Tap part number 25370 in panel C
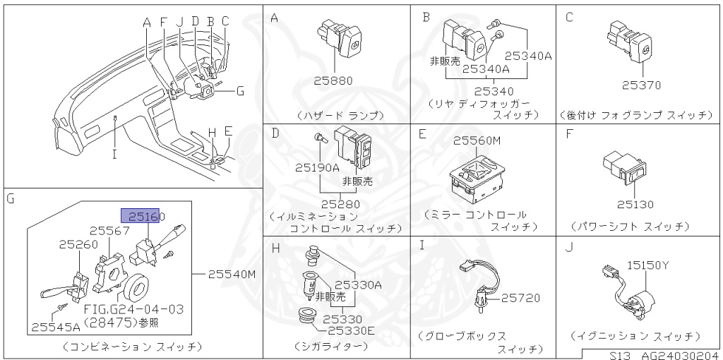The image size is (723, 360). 641,85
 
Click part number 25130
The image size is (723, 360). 634,205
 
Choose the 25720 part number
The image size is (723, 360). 520,299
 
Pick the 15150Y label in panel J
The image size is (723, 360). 644,265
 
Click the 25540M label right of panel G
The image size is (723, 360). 232,275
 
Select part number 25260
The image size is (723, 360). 79,244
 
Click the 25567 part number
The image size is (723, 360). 109,230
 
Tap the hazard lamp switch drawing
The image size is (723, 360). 339,36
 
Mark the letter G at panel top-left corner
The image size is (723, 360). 10,199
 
